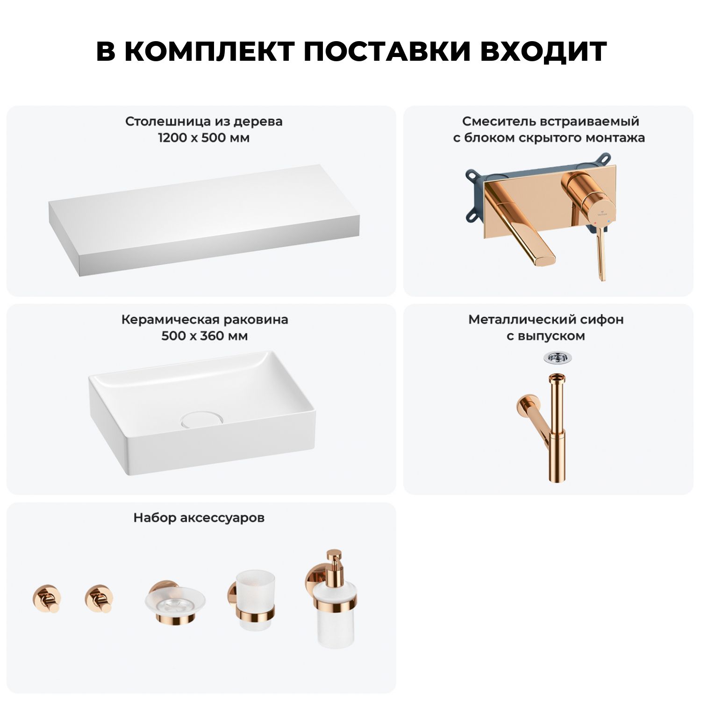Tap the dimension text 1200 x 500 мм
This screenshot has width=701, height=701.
tap(204, 138)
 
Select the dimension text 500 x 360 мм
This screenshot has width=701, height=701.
tap(204, 336)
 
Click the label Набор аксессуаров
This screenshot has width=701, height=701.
tap(199, 518)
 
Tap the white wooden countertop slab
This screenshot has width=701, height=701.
tap(204, 220)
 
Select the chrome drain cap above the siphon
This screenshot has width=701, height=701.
tap(558, 358)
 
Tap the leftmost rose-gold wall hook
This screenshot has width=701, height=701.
tap(46, 599)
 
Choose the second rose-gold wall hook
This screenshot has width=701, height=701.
tap(99, 599)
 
